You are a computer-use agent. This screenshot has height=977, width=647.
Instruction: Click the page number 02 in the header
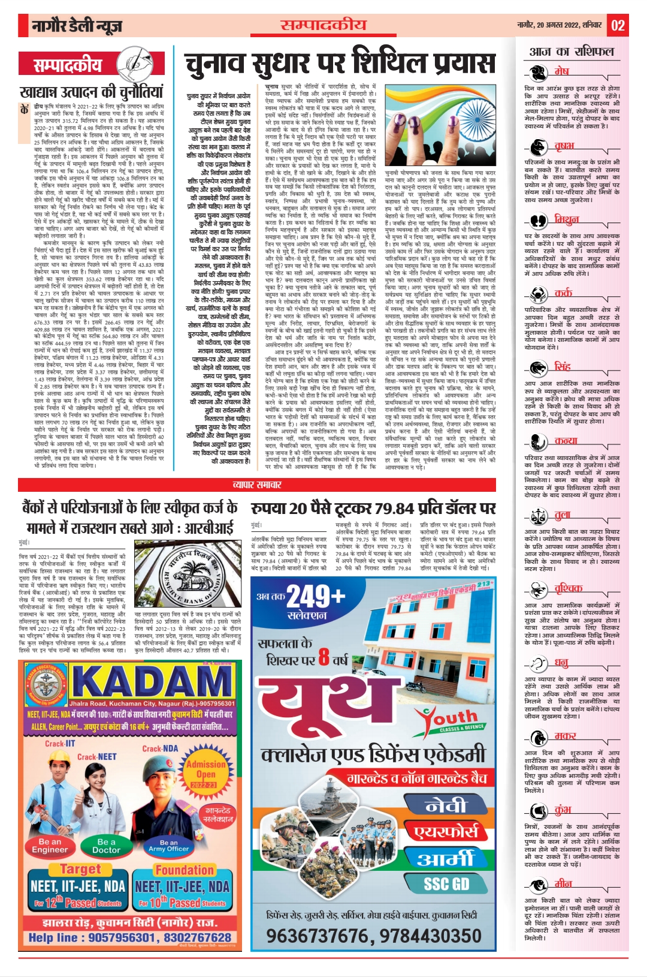click(x=618, y=26)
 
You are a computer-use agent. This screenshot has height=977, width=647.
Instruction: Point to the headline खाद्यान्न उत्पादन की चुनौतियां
click(x=91, y=92)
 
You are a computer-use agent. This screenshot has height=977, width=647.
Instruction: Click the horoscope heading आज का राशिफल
click(x=572, y=52)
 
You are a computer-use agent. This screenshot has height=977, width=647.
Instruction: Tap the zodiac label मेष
click(x=561, y=71)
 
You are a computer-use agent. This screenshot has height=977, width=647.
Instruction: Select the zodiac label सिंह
click(x=562, y=366)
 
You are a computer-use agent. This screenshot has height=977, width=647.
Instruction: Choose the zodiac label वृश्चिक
click(x=567, y=588)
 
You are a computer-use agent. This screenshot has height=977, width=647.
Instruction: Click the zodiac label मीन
click(x=563, y=883)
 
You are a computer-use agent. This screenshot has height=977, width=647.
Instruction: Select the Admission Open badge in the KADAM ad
click(x=206, y=774)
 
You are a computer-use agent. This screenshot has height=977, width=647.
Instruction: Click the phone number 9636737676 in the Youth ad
click(x=321, y=936)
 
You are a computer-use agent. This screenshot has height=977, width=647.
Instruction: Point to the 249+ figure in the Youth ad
click(x=316, y=597)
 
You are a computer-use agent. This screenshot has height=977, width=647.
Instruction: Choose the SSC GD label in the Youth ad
click(x=446, y=884)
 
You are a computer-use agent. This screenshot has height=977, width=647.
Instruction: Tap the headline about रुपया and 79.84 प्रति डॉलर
click(x=373, y=508)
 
